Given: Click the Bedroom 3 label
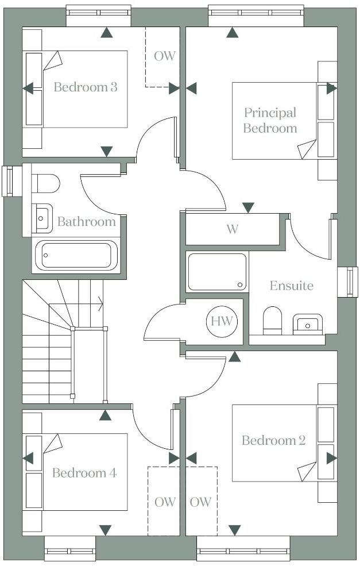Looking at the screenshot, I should (x=86, y=87).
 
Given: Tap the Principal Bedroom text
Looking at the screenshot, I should (x=270, y=120).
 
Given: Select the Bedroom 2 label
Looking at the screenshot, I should (x=273, y=441).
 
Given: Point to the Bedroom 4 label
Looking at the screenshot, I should (x=84, y=473).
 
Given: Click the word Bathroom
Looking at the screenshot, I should (x=86, y=222).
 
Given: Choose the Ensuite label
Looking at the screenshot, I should (x=292, y=286).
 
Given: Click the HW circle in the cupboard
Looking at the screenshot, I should (x=221, y=321).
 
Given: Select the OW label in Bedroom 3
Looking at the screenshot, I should (x=164, y=56).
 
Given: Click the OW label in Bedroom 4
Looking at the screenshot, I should (x=165, y=502).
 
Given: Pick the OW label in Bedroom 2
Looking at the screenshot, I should (x=200, y=502).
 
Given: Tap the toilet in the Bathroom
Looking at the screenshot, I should (x=45, y=183).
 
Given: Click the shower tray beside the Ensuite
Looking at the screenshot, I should (x=217, y=271).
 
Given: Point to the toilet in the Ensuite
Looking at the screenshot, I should (x=272, y=320).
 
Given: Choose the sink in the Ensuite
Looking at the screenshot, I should (x=307, y=324).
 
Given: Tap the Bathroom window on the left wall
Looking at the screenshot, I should (x=9, y=181).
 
